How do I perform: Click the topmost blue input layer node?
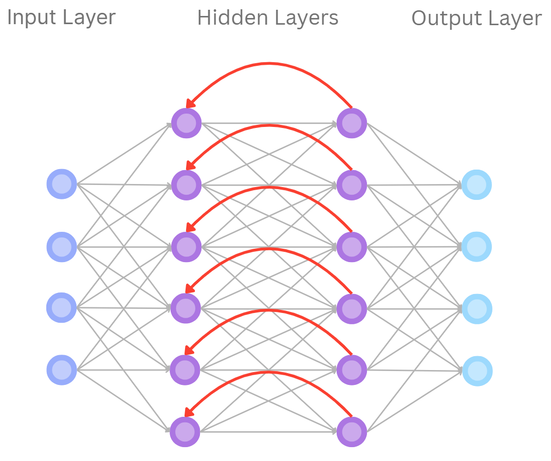[62, 184]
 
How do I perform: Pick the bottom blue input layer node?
[62, 370]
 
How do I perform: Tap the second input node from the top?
[62, 246]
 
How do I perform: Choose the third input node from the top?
[62, 307]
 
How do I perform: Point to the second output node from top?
[476, 247]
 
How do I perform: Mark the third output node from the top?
[477, 309]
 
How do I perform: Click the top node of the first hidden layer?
[186, 123]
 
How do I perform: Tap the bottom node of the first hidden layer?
[185, 432]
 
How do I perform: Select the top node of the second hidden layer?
[352, 123]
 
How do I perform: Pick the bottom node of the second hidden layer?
[352, 432]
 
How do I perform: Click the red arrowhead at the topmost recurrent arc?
[190, 104]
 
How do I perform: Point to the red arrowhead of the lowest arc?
[189, 412]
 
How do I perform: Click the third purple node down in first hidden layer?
[186, 247]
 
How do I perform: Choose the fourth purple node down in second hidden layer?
[352, 308]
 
